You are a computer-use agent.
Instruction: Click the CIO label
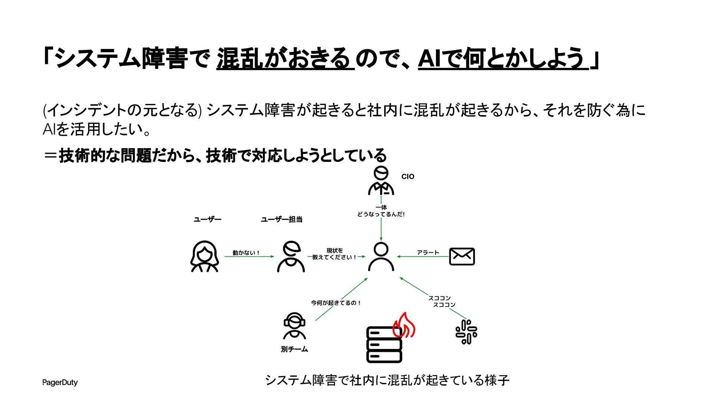click(x=408, y=177)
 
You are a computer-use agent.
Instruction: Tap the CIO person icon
click(x=381, y=181)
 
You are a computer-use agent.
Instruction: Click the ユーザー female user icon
click(x=204, y=256)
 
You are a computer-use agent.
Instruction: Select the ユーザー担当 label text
click(x=281, y=220)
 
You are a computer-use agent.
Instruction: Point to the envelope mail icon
click(x=462, y=256)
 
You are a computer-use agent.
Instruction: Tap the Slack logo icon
click(x=466, y=332)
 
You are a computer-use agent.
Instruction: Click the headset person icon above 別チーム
click(x=294, y=326)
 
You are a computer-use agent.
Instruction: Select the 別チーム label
click(x=294, y=349)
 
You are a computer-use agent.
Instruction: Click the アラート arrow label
click(x=428, y=253)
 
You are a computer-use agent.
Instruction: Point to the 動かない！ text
click(x=246, y=253)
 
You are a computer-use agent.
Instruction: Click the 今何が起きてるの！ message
click(x=336, y=303)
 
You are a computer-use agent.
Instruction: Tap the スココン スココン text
click(x=441, y=301)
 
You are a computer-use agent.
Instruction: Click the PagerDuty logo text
click(x=60, y=382)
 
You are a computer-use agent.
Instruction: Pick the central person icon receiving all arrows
click(x=381, y=257)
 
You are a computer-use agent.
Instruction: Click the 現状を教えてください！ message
click(x=334, y=254)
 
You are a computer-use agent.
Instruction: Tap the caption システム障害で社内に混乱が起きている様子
click(x=387, y=380)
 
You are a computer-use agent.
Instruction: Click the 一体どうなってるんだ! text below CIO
click(x=381, y=211)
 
